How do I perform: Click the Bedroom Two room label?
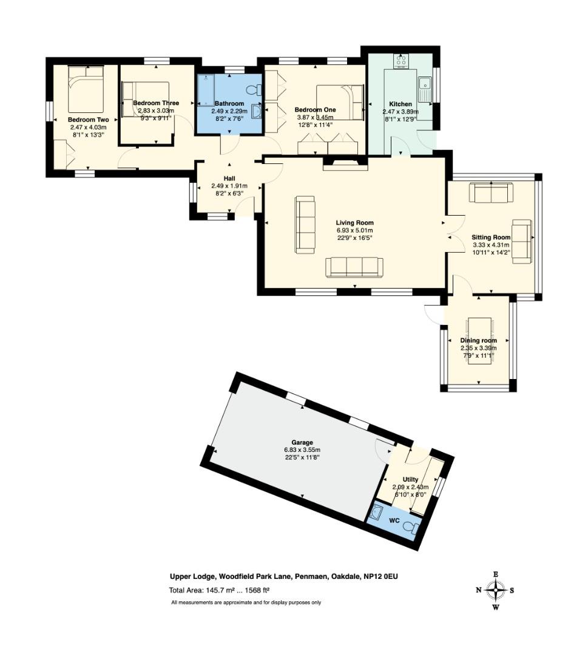tap(88, 120)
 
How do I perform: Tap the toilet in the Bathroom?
tap(257, 90)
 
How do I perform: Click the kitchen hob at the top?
tap(401, 61)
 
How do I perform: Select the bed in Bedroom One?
tap(343, 101)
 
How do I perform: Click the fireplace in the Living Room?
tap(345, 163)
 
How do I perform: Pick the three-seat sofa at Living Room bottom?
tap(354, 267)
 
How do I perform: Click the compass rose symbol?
tap(496, 589)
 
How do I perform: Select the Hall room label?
tap(229, 177)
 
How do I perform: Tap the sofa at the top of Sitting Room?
tap(491, 193)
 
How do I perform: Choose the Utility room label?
tap(411, 479)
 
